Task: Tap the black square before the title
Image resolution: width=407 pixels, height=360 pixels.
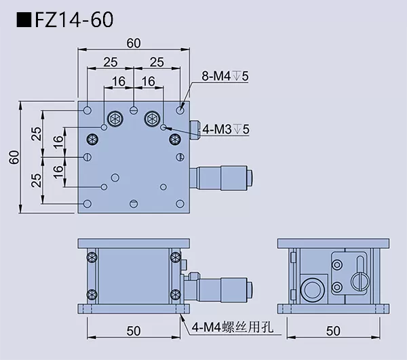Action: point(22,20)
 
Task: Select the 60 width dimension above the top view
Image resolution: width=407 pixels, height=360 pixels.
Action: point(134,43)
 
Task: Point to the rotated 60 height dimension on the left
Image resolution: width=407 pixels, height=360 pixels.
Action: point(13,157)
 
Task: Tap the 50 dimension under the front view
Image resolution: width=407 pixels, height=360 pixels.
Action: point(134,331)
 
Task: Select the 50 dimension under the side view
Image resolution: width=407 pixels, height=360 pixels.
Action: point(334,331)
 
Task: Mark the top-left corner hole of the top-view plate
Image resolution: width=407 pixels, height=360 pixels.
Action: point(88,109)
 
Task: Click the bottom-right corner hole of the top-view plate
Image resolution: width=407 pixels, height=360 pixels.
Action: point(180,203)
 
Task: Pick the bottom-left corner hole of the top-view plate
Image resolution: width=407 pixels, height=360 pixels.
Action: point(88,203)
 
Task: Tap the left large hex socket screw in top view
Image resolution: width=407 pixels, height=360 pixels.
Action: point(115,119)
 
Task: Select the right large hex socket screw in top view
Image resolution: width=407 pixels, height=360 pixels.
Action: point(152,119)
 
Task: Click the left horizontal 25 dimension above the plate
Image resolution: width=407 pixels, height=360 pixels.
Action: point(111,62)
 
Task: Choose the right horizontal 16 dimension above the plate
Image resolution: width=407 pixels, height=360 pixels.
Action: point(149,81)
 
